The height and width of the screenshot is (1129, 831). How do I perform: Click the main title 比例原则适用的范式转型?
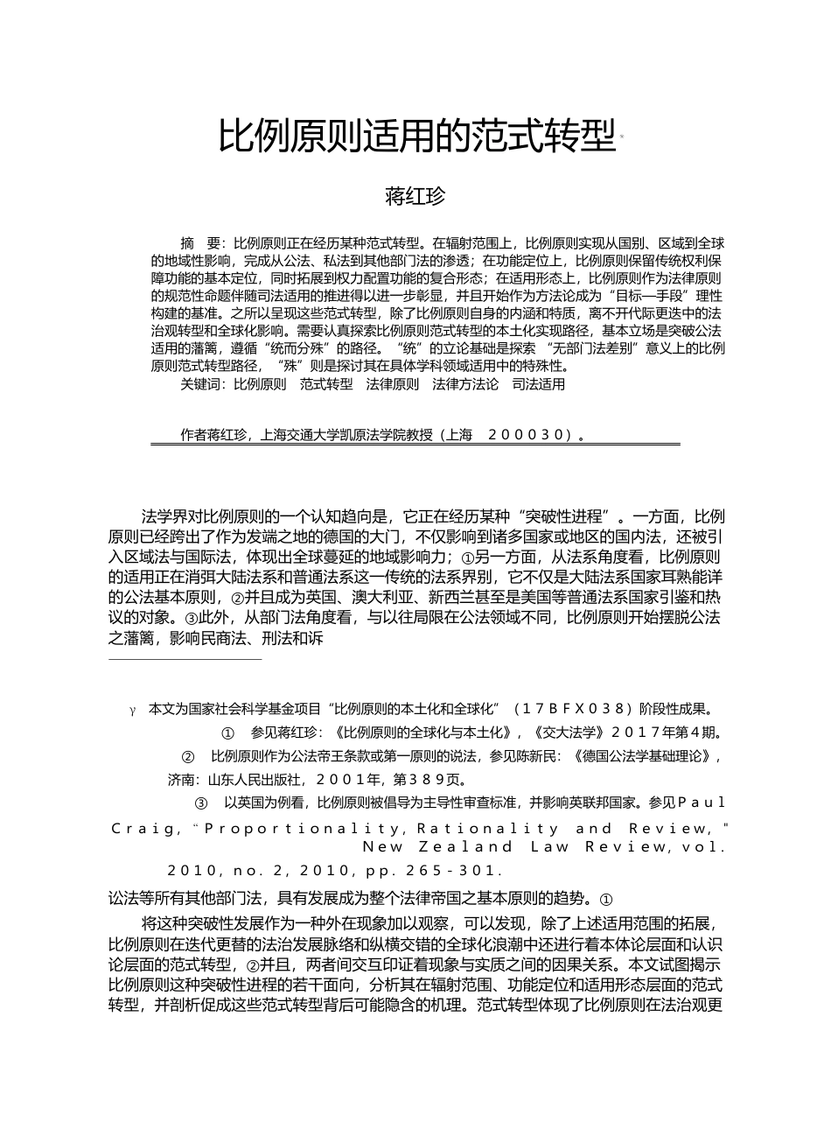416,137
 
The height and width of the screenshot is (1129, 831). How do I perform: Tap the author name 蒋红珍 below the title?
415,196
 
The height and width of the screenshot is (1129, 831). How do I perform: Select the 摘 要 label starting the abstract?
201,243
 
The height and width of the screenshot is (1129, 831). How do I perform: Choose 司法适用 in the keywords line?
538,384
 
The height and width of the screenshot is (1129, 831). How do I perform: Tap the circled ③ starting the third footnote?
200,803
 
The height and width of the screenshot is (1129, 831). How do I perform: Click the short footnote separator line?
185,659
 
